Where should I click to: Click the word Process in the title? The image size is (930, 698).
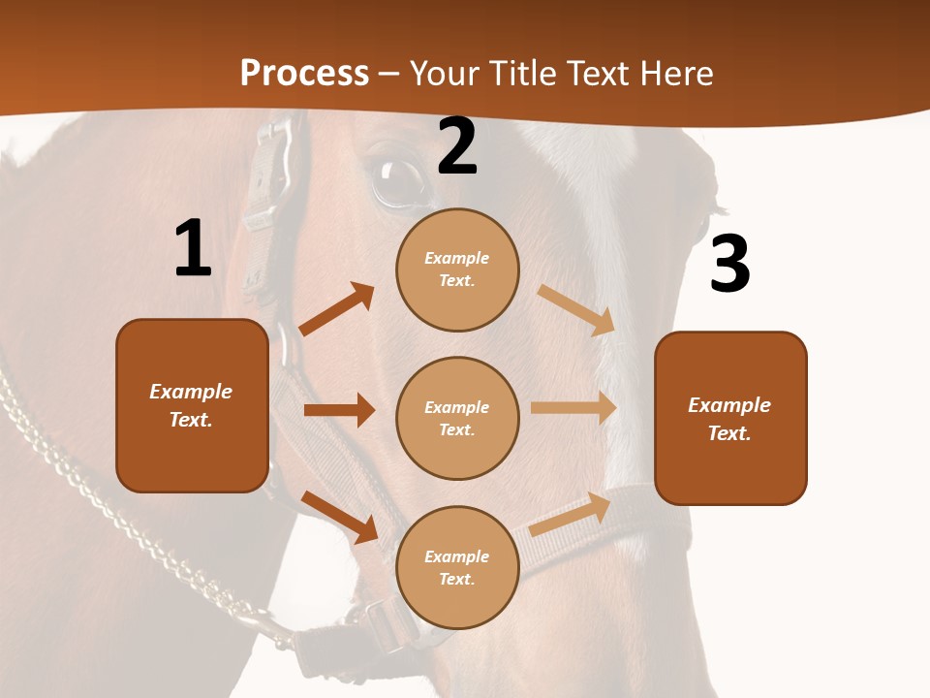[304, 74]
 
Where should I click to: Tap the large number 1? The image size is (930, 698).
[193, 248]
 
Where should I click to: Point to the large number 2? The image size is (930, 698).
[457, 146]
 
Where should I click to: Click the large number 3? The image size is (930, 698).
[729, 264]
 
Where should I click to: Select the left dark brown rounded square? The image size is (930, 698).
[192, 405]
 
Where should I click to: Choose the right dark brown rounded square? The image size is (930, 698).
[730, 418]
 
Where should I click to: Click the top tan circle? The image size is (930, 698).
[457, 270]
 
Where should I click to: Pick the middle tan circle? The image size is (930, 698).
[457, 418]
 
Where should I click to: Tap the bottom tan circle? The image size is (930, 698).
[457, 567]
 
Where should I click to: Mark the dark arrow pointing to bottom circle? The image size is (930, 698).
[340, 516]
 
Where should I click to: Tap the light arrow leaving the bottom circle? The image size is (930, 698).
[571, 514]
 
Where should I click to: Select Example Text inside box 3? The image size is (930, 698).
[729, 419]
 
